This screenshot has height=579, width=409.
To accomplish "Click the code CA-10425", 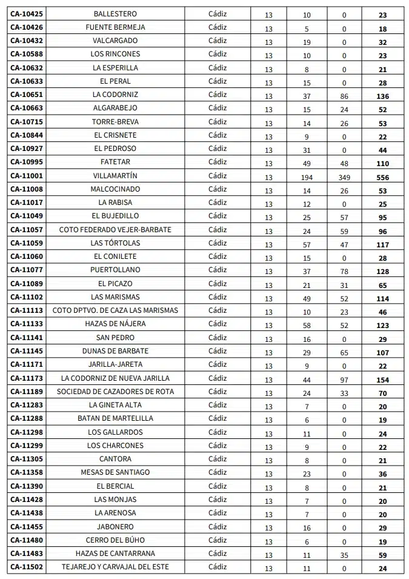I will click(x=27, y=14).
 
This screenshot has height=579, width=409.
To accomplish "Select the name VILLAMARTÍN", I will click(x=115, y=176).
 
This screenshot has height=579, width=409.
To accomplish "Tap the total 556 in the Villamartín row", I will click(x=382, y=178).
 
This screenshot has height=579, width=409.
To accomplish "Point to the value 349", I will click(x=344, y=178).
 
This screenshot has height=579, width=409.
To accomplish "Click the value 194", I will click(x=307, y=178).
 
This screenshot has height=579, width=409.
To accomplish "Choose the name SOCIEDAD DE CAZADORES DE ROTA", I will click(x=115, y=392).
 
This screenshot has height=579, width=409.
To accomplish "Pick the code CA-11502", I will click(x=27, y=567).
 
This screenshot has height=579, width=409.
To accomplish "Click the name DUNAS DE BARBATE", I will click(x=115, y=351).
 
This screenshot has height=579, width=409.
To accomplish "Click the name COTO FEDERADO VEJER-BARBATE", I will click(x=115, y=230).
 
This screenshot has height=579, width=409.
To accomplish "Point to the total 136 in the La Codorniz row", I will click(x=382, y=96).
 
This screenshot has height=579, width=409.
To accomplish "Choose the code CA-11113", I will click(x=27, y=310).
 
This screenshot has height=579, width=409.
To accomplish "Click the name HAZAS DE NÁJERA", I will click(x=115, y=324).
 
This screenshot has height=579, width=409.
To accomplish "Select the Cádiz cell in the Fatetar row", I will click(x=217, y=162).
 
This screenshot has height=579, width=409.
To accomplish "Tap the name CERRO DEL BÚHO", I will click(x=115, y=540).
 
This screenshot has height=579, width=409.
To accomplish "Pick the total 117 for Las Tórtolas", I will click(x=382, y=245).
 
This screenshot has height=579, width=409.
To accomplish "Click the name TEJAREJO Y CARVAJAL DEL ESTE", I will click(x=115, y=567).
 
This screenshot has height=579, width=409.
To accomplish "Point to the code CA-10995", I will click(x=27, y=162).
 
